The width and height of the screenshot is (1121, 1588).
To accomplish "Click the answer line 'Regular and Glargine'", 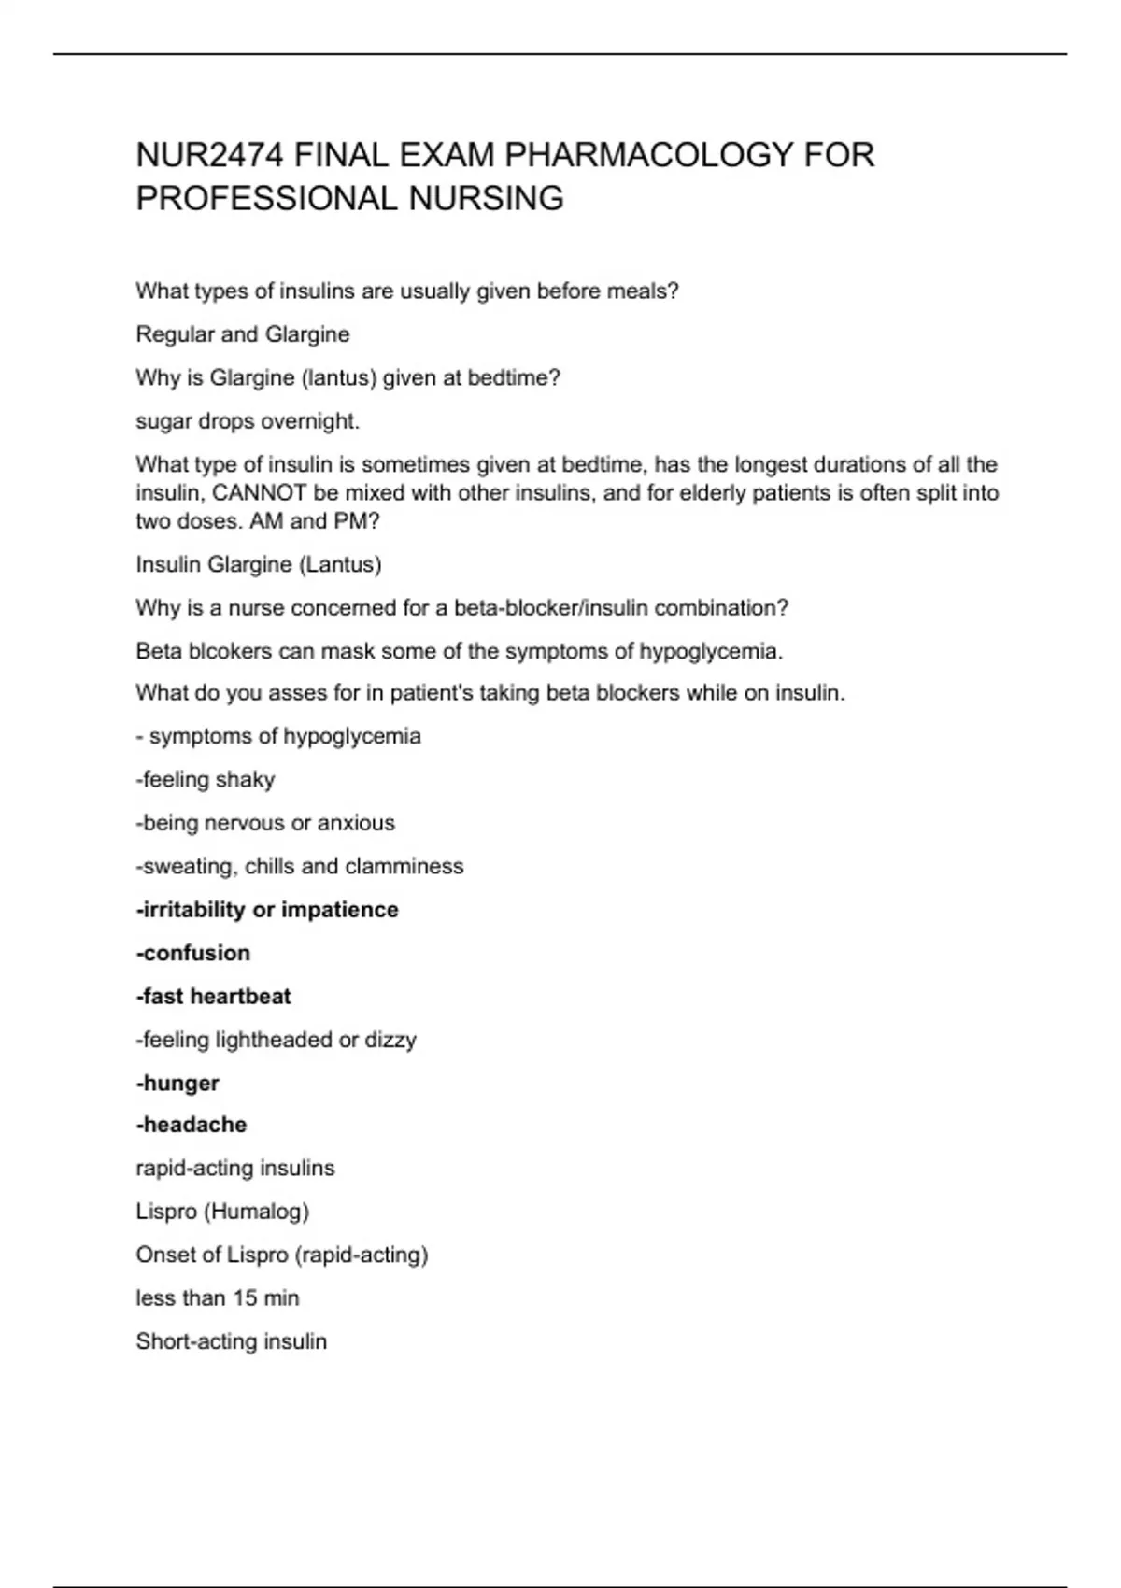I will [243, 334].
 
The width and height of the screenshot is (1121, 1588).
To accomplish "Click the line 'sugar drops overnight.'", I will [248, 421].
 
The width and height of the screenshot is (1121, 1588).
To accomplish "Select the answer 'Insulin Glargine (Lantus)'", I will [259, 564].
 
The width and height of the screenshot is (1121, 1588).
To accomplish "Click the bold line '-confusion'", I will [193, 953].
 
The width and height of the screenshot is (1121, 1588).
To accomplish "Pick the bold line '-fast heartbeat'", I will [213, 997].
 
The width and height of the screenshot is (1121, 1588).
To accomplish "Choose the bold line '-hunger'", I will [177, 1084].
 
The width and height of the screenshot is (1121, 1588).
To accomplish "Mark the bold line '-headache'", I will [192, 1125].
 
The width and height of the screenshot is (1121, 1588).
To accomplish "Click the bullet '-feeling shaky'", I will [206, 780].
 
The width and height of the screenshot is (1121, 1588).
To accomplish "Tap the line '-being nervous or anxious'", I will [265, 823].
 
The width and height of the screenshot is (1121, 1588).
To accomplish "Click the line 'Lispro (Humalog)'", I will [222, 1212].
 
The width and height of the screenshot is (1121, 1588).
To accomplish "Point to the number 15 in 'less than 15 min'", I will [245, 1298].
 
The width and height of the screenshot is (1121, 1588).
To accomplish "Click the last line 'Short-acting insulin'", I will [232, 1341].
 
